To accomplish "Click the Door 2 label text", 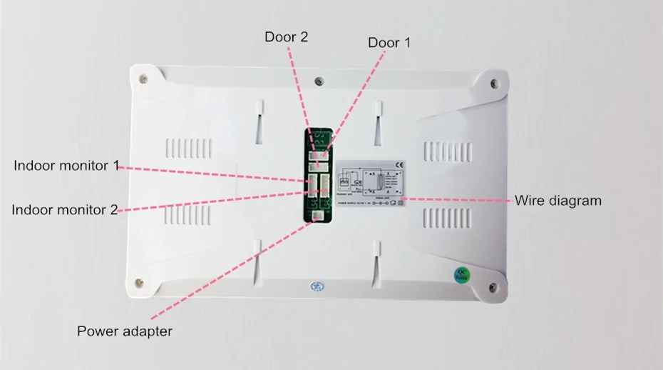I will (287, 36).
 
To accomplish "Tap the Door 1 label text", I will (389, 43).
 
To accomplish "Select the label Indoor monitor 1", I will (66, 166).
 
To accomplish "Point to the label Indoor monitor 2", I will (65, 209).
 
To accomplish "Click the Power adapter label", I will (125, 331).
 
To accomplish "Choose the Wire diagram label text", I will (558, 200).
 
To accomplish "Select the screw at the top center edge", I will (319, 81).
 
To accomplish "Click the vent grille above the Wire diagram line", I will (448, 151).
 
